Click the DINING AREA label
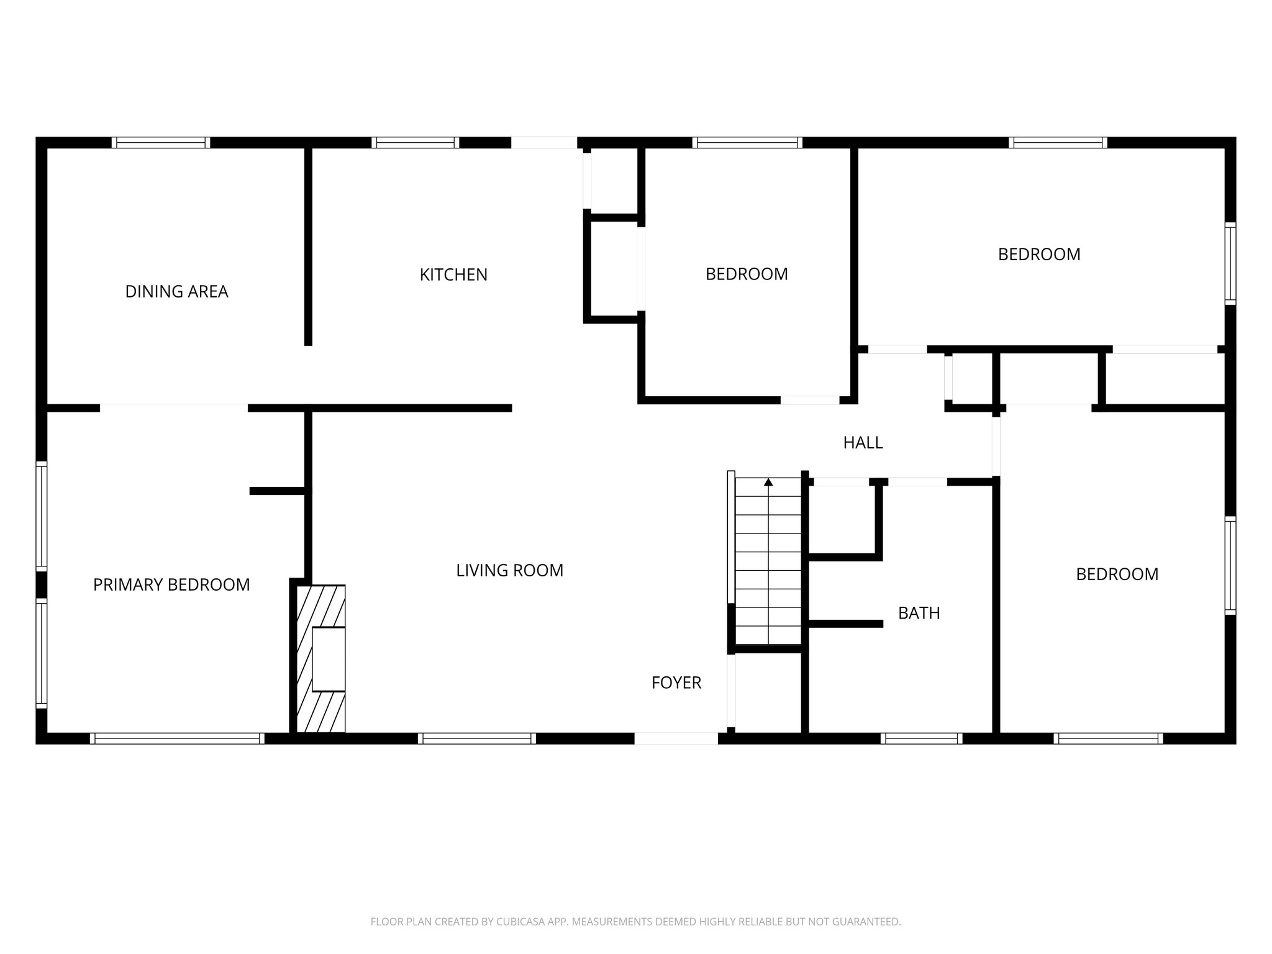pyautogui.click(x=177, y=291)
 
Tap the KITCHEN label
pyautogui.click(x=453, y=275)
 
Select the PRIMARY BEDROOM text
pyautogui.click(x=171, y=584)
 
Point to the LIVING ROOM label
pyautogui.click(x=509, y=570)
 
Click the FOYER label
pyautogui.click(x=676, y=683)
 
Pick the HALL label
pyautogui.click(x=863, y=443)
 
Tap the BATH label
pyautogui.click(x=919, y=613)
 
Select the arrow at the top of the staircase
pyautogui.click(x=768, y=482)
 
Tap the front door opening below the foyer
pyautogui.click(x=676, y=738)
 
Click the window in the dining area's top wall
pyautogui.click(x=161, y=142)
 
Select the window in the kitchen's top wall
pyautogui.click(x=415, y=142)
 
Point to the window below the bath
pyautogui.click(x=921, y=738)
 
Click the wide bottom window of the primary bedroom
pyautogui.click(x=177, y=738)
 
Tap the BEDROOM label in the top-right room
pyautogui.click(x=1039, y=254)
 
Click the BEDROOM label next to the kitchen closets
pyautogui.click(x=747, y=274)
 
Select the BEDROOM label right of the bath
pyautogui.click(x=1117, y=574)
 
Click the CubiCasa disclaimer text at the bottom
pyautogui.click(x=635, y=922)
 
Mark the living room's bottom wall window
pyautogui.click(x=476, y=738)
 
